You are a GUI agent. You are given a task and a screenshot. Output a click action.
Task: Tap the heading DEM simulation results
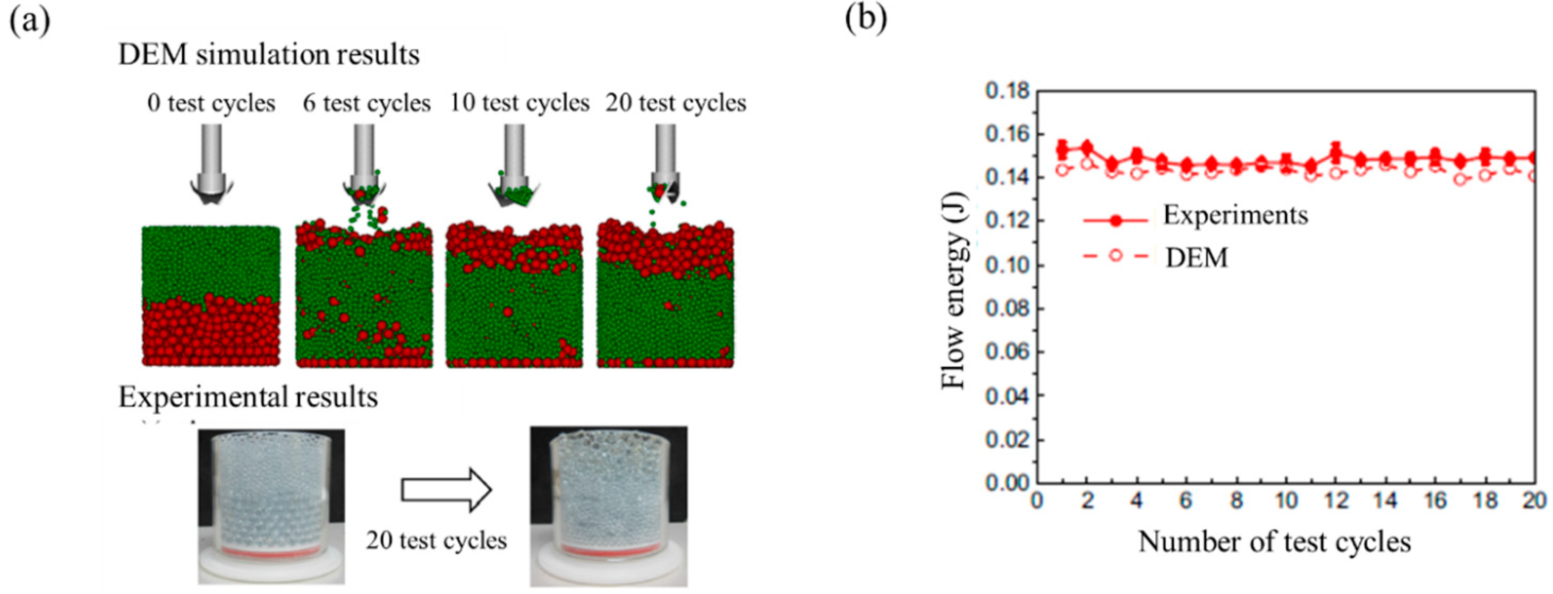[268, 55]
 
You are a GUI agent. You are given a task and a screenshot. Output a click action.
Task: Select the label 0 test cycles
[211, 104]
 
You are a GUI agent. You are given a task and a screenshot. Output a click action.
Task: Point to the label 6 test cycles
[366, 104]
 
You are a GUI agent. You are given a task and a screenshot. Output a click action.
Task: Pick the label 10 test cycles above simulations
[519, 104]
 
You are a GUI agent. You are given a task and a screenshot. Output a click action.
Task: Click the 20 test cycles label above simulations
[676, 104]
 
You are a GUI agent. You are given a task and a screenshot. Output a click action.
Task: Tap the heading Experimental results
[248, 398]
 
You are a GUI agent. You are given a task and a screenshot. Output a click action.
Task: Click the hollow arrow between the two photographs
[446, 490]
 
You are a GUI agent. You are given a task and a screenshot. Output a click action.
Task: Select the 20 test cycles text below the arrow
[437, 541]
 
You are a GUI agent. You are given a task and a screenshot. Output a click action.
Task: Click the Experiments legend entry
[1235, 216]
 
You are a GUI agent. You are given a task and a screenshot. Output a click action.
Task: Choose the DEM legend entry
[1196, 258]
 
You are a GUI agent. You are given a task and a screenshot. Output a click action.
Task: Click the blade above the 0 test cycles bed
[211, 191]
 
